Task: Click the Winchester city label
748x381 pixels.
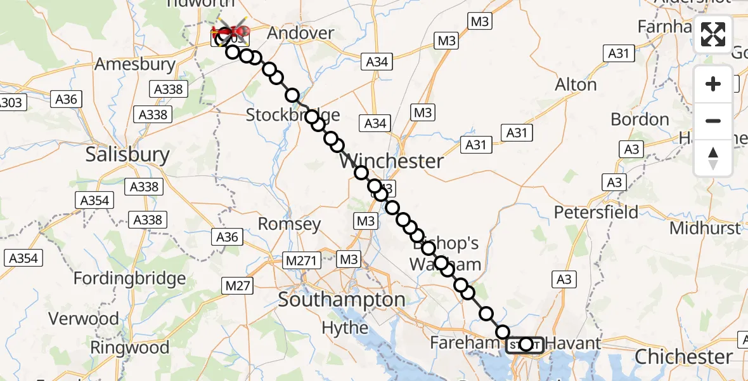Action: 392,161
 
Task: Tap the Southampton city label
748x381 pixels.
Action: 342,299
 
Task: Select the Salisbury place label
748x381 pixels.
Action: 127,155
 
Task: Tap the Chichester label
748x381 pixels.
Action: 683,357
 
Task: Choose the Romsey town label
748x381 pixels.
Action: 289,224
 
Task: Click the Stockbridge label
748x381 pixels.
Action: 293,116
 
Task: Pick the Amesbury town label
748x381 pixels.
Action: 134,64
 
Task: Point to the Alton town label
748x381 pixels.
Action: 576,84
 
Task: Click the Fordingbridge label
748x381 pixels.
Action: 129,278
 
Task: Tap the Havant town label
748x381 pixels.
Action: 573,344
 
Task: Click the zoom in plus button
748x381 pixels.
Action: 713,84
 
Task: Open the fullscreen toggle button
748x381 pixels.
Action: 713,34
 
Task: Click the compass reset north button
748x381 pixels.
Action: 713,157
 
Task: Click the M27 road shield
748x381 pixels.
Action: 238,286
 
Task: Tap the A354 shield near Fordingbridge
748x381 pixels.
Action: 23,258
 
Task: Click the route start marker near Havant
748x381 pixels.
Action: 526,344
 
